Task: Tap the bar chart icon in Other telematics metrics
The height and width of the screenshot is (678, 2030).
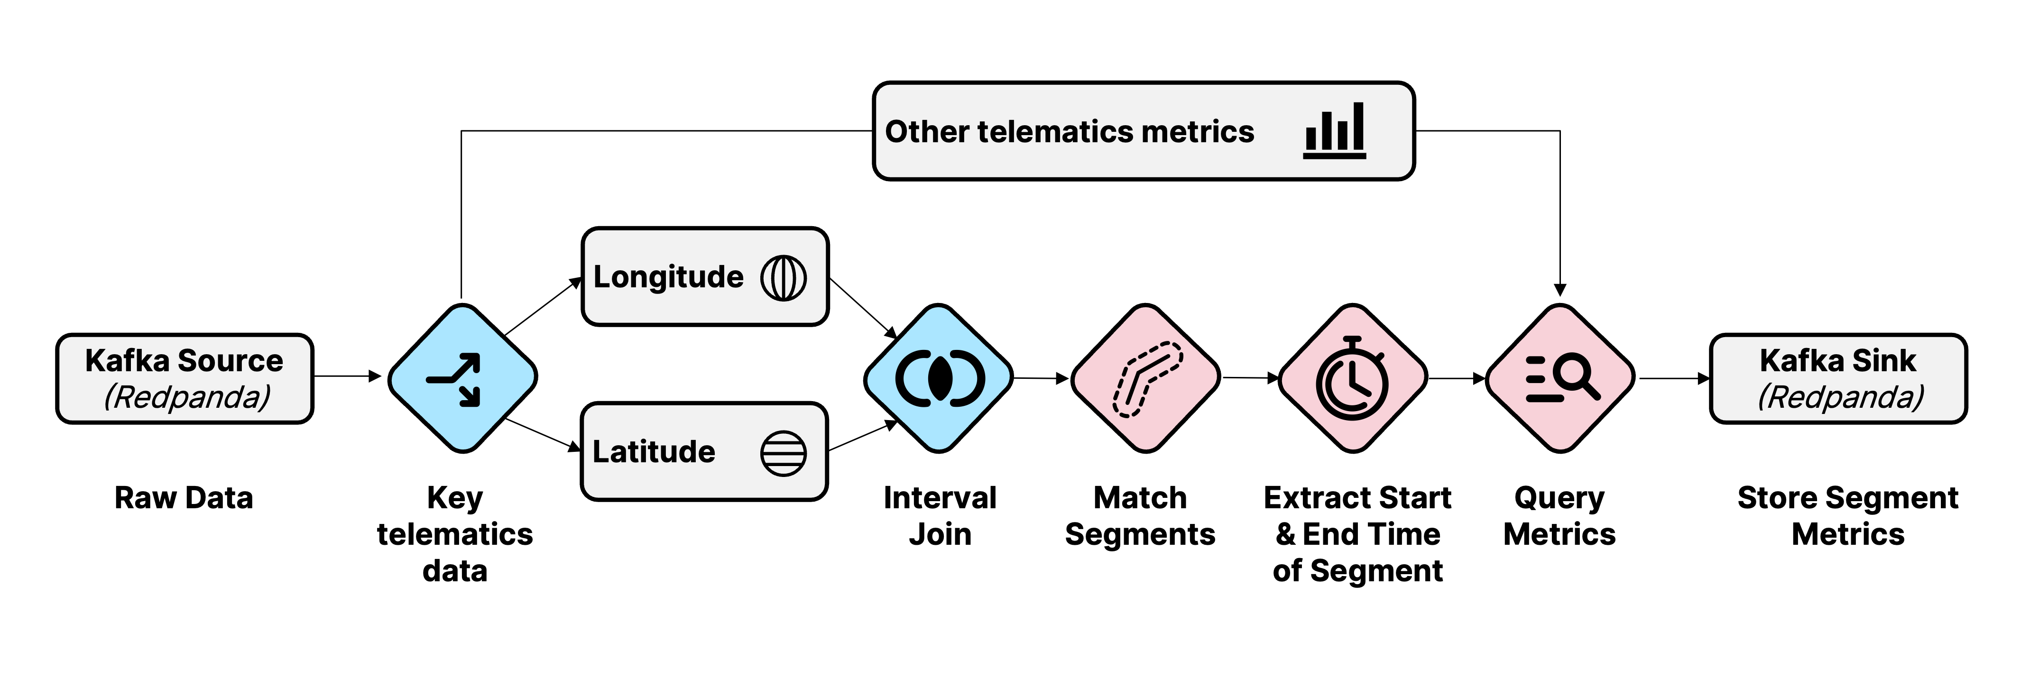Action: [x=1334, y=131]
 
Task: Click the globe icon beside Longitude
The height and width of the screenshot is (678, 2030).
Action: [x=784, y=277]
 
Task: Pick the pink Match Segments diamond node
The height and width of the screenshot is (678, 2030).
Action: [x=1145, y=378]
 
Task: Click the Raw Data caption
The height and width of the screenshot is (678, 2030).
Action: [x=184, y=498]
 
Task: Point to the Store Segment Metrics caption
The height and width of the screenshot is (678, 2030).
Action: [x=1848, y=516]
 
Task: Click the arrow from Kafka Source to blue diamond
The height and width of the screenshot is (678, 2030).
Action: [x=347, y=376]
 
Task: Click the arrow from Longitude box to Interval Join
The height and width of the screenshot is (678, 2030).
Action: [x=863, y=307]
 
